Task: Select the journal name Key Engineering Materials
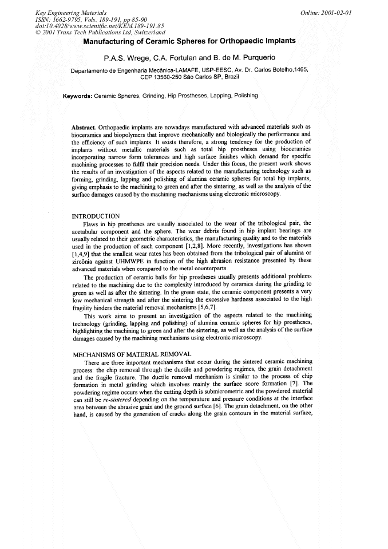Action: pos(62,13)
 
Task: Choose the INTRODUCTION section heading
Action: pos(96,216)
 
